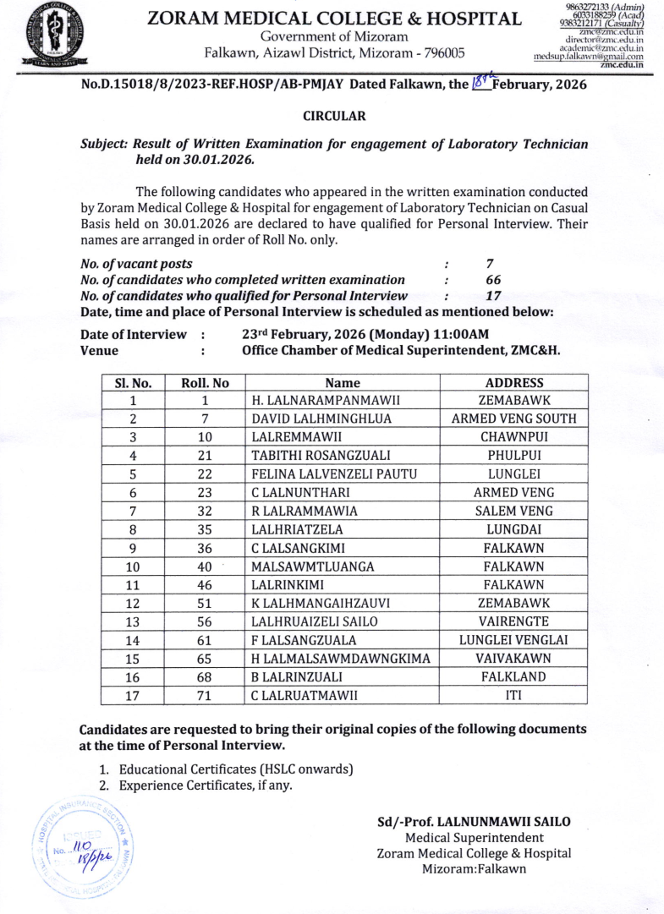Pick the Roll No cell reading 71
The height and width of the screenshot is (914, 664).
(205, 696)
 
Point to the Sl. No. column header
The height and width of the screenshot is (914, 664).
(133, 382)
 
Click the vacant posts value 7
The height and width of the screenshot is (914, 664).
(490, 264)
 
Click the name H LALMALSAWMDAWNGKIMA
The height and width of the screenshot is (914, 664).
(341, 659)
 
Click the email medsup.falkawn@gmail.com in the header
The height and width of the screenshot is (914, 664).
(589, 56)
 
